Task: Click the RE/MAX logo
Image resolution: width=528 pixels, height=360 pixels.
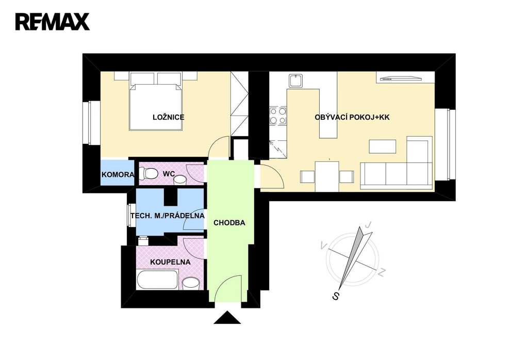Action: coord(52,21)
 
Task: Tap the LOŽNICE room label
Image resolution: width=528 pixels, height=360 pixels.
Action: coord(168,118)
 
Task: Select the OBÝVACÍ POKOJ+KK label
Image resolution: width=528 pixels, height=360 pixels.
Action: coord(352,118)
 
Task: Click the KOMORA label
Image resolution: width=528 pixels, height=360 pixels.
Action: coord(118,175)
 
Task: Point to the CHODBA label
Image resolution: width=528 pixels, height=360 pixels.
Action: coord(229,223)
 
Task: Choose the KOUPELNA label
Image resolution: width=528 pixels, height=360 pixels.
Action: coord(170,262)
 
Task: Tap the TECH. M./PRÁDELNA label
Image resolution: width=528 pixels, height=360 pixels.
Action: coord(168,216)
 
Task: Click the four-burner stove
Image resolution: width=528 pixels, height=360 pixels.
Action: coord(278,116)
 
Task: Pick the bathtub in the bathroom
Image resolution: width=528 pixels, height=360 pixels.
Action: coord(157,282)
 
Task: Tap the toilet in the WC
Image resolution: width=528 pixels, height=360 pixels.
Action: coord(150,174)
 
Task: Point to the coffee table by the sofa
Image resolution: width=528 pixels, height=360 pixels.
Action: coord(383,147)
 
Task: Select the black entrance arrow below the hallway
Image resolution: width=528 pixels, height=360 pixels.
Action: coord(227,317)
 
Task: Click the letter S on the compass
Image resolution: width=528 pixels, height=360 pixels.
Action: coord(336,296)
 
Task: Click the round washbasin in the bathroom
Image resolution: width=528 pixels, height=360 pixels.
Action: coord(191,283)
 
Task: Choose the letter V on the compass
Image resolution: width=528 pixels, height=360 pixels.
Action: coord(323,244)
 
